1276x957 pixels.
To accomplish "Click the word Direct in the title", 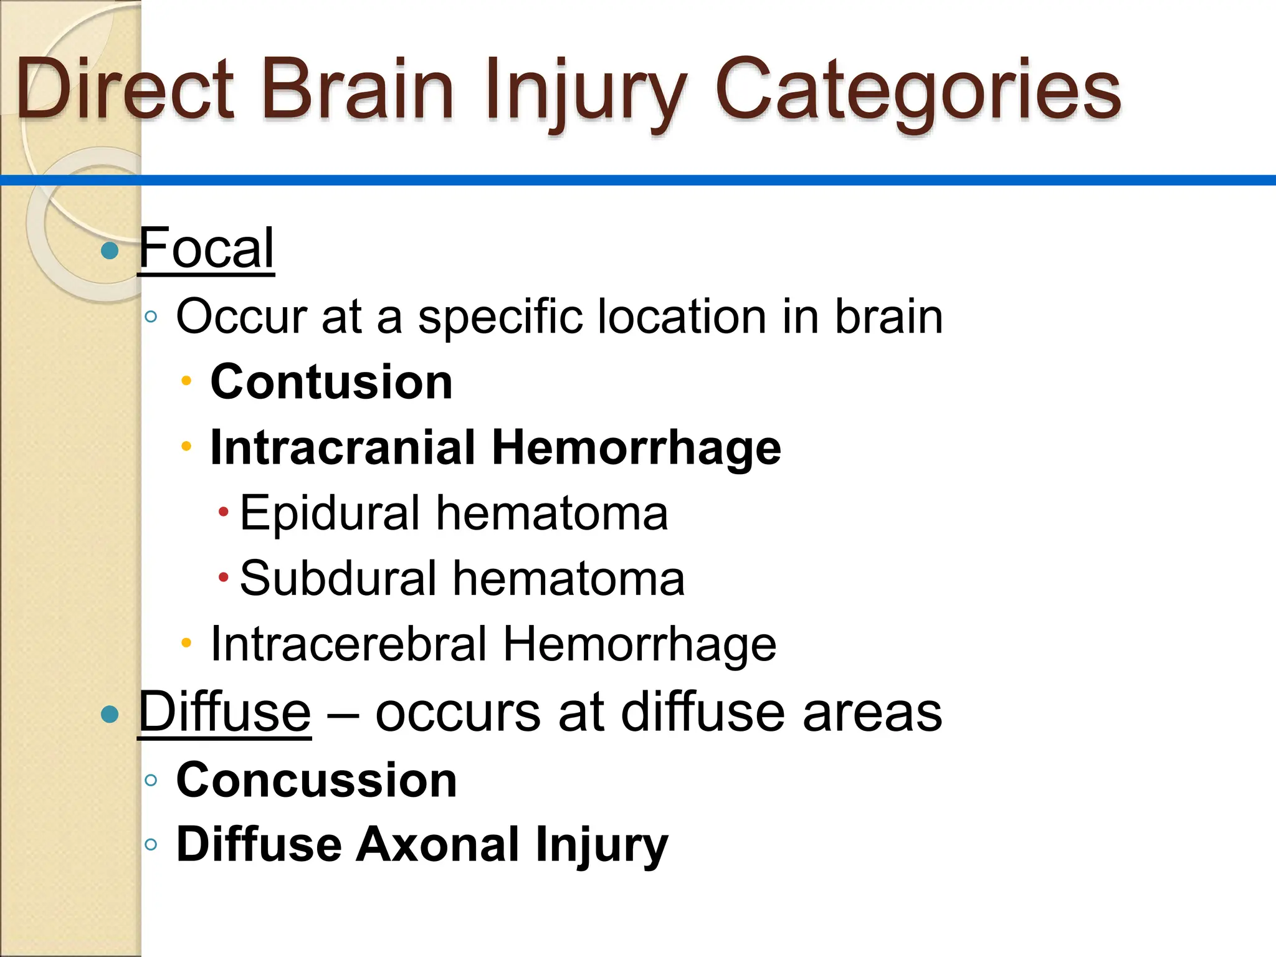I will tap(125, 89).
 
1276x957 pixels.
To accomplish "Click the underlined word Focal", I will tap(206, 248).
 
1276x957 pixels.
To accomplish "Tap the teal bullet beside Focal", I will tap(110, 250).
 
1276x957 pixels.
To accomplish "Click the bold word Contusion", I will tap(331, 382).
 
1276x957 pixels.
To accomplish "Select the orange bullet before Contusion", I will tap(186, 380).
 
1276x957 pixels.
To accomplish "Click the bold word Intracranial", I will tap(343, 447).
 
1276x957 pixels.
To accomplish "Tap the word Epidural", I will tap(330, 513).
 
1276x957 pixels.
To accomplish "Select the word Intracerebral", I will tap(349, 644).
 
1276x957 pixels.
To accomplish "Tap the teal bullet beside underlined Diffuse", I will tap(110, 714).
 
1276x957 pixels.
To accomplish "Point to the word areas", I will tap(872, 713).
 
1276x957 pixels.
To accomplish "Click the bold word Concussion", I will tap(317, 780).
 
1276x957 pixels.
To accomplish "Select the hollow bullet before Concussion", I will tap(151, 780).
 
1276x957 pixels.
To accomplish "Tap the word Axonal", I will tap(437, 845).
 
